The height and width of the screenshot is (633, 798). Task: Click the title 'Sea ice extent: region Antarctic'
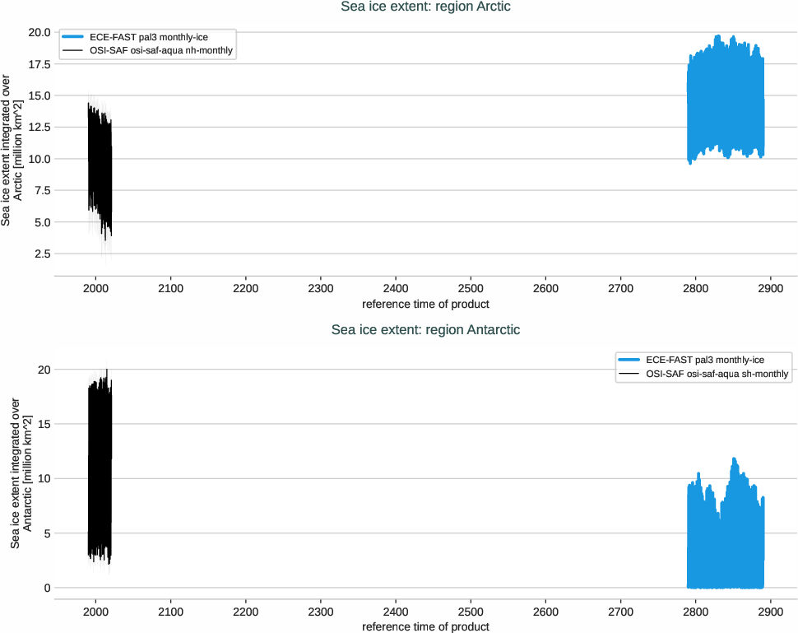click(425, 330)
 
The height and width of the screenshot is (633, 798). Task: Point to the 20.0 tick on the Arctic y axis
click(39, 32)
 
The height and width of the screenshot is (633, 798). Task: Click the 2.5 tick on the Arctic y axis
click(43, 254)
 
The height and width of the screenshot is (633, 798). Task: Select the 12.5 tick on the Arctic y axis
click(39, 128)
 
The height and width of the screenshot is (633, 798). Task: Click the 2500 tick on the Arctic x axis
click(471, 290)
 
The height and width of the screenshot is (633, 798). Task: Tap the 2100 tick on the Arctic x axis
click(170, 290)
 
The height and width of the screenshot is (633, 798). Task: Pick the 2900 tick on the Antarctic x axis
click(771, 613)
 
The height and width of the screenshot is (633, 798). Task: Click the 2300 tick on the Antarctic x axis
click(320, 613)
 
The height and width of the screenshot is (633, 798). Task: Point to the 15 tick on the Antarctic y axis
click(44, 424)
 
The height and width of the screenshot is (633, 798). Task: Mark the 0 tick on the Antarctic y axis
click(48, 588)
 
